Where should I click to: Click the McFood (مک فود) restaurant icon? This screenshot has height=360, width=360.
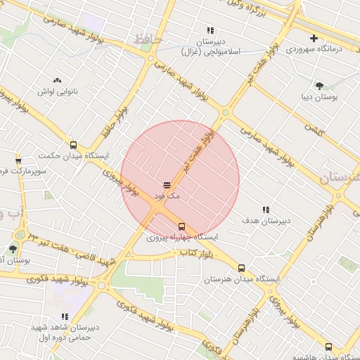(157, 184)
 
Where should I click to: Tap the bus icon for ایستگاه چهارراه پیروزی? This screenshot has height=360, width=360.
(182, 226)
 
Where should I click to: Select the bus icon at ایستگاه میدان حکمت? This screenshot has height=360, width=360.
(74, 145)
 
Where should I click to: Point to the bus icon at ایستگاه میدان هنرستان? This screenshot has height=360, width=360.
(242, 268)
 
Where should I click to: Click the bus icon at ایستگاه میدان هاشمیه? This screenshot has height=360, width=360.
(328, 347)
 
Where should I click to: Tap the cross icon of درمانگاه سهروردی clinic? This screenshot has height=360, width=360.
(314, 38)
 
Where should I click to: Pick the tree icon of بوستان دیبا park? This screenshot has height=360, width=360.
(320, 86)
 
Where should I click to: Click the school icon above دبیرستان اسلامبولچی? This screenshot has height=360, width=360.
(210, 30)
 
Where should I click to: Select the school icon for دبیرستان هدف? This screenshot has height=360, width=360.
(266, 210)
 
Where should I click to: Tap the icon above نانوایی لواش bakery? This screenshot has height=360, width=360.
(57, 80)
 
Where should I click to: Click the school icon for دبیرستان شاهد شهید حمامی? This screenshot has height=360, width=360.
(65, 317)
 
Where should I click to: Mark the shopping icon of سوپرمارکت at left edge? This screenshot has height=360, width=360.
(18, 160)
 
